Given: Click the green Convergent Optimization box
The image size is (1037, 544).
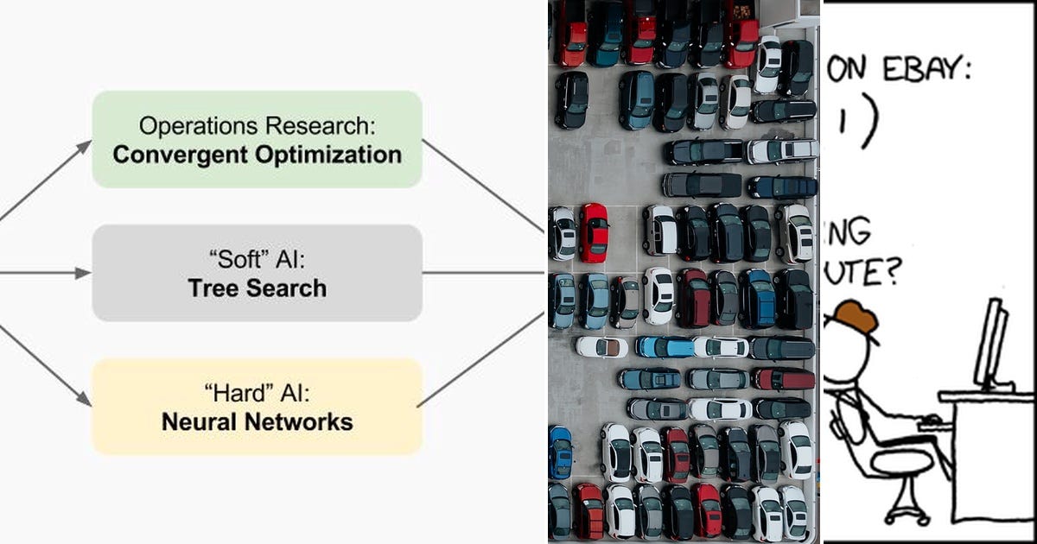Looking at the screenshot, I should pyautogui.click(x=257, y=139).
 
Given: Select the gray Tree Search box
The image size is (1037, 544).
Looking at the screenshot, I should pyautogui.click(x=257, y=273).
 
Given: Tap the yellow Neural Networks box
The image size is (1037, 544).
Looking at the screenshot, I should pyautogui.click(x=257, y=407).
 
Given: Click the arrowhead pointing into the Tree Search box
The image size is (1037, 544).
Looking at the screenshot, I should pyautogui.click(x=83, y=273).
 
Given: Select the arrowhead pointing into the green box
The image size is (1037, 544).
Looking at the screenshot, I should pyautogui.click(x=84, y=146).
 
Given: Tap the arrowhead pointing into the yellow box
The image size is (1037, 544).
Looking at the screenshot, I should pyautogui.click(x=84, y=399).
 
